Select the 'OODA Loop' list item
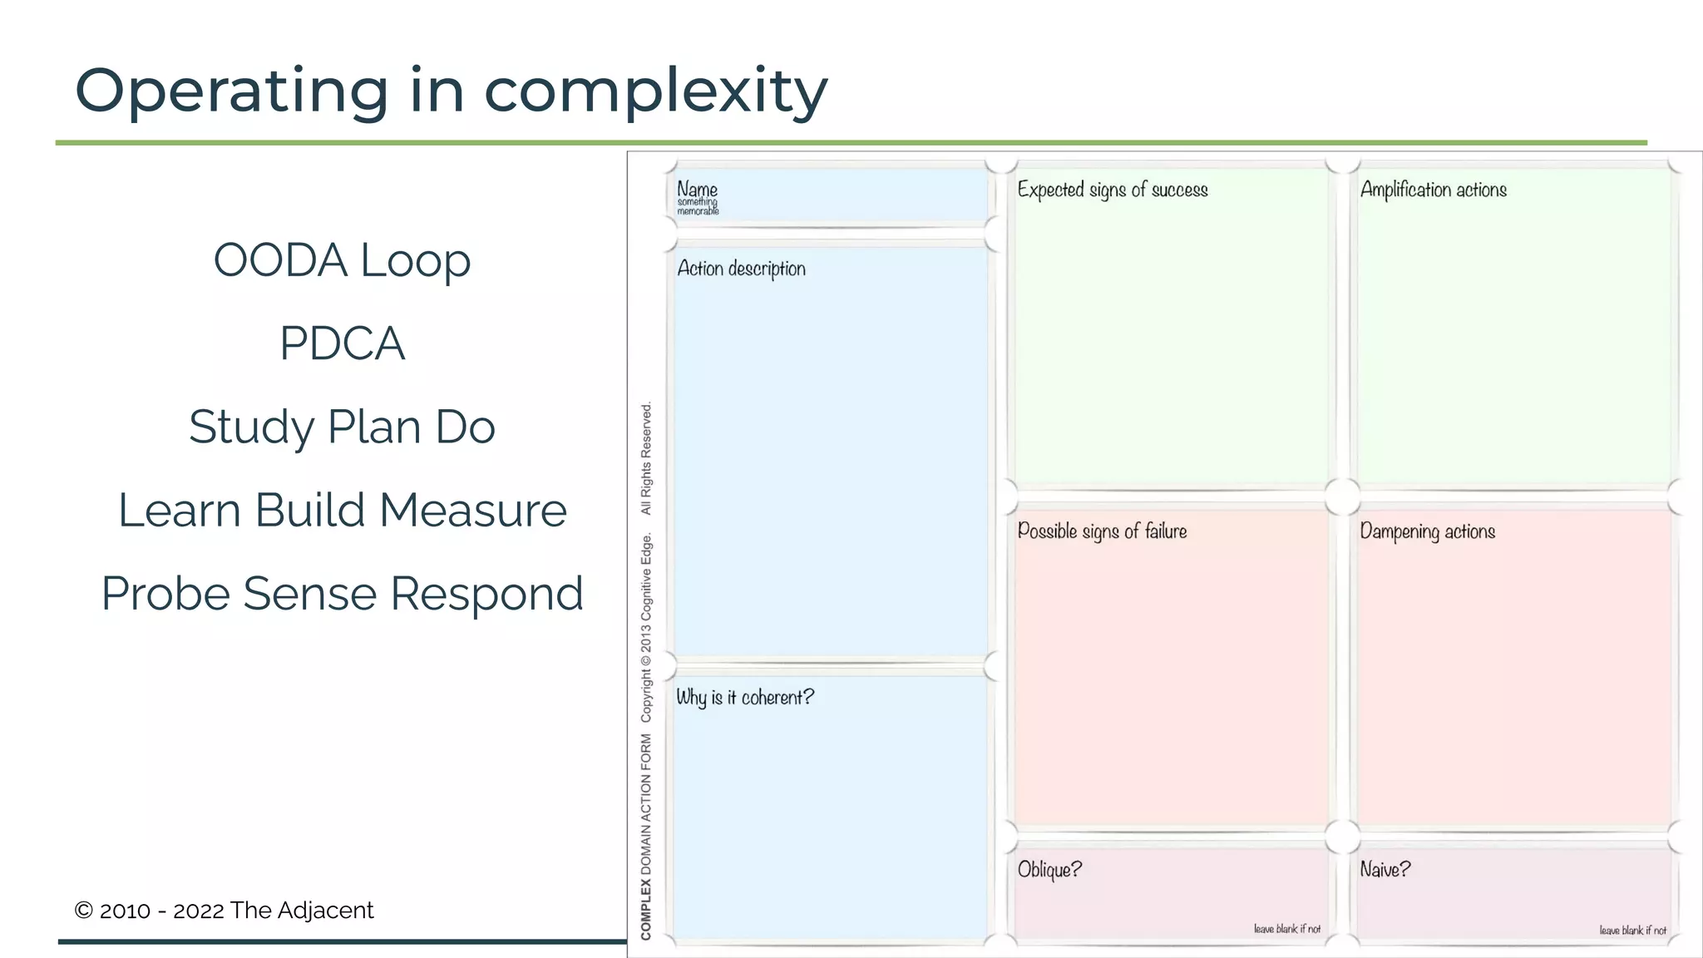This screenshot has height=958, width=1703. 342,260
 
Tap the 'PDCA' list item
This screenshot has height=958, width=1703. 342,343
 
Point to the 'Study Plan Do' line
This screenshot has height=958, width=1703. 342,427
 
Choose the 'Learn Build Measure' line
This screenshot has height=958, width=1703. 342,510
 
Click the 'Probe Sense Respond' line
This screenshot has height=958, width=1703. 342,594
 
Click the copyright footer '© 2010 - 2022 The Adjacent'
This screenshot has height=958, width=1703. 224,911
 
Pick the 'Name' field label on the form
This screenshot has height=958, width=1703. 697,189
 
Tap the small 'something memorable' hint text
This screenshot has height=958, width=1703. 698,207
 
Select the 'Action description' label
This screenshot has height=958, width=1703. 741,269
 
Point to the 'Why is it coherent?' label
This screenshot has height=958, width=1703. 745,697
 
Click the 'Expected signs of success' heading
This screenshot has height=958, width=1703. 1112,190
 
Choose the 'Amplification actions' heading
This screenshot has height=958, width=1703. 1433,190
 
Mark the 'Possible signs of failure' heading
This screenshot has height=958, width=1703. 1102,531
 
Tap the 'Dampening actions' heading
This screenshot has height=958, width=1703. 1427,531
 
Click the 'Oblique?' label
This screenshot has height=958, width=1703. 1049,870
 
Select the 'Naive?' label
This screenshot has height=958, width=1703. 1385,870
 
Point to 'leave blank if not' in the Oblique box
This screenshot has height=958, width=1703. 1286,929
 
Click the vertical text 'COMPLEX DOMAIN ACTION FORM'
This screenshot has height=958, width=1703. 646,836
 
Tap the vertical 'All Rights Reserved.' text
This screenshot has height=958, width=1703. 646,458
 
